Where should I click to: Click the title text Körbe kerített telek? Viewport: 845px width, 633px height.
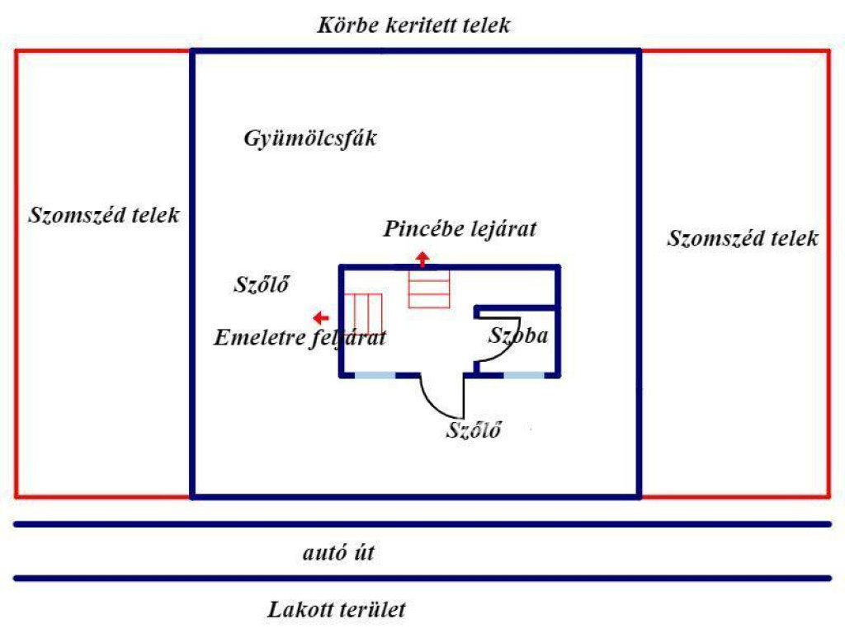(x=413, y=25)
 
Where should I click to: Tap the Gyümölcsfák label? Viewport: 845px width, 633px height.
(x=310, y=138)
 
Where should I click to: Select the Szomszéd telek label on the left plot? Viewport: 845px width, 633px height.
(x=104, y=216)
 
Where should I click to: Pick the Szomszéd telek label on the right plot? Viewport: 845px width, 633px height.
(x=743, y=239)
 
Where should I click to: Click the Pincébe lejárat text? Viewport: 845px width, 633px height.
(x=460, y=229)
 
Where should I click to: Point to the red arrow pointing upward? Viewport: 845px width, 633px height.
(x=422, y=259)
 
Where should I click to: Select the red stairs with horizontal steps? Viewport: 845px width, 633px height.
(x=430, y=290)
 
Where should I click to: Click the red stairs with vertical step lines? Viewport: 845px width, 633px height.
(x=365, y=313)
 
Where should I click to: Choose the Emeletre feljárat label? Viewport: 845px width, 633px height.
(x=300, y=338)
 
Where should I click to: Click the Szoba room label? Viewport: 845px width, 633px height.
(x=518, y=336)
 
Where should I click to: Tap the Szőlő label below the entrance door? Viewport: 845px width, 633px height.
(x=474, y=429)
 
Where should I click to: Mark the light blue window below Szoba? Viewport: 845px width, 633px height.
(x=523, y=375)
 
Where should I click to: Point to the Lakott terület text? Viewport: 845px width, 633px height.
(x=337, y=611)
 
